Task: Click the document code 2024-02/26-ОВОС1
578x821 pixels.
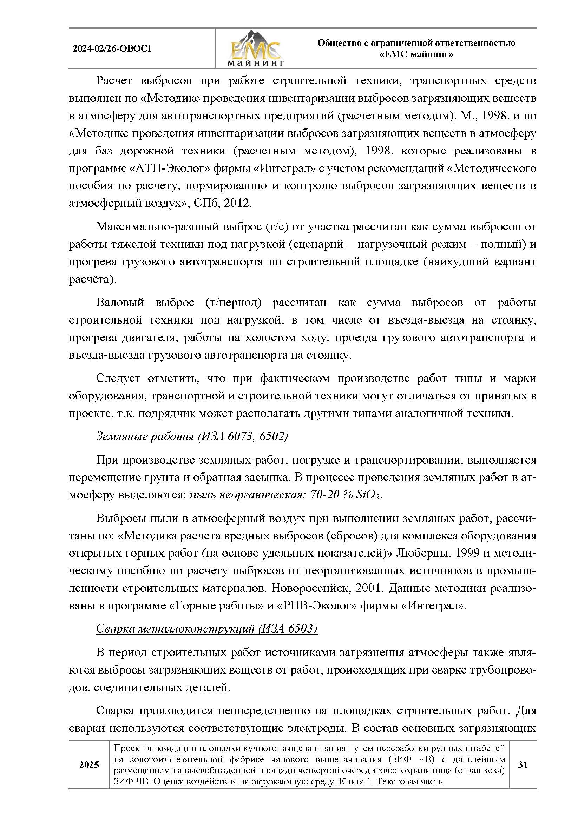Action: point(112,49)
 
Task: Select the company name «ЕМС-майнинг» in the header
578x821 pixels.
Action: point(416,55)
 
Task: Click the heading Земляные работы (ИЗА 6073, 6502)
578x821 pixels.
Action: point(192,436)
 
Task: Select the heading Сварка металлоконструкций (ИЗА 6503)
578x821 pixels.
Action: point(206,629)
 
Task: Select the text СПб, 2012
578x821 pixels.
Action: point(223,203)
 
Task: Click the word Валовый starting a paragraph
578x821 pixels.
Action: point(120,302)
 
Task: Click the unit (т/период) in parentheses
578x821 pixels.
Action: point(233,302)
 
